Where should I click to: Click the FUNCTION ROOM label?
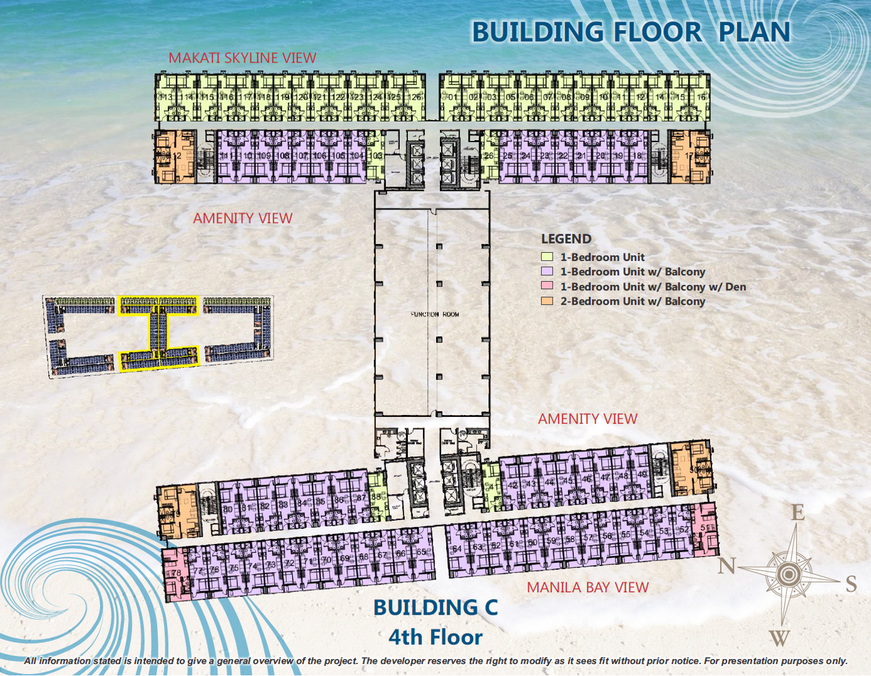pyautogui.click(x=435, y=314)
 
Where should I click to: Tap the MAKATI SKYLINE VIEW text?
pyautogui.click(x=242, y=58)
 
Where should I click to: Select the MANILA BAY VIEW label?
pyautogui.click(x=588, y=587)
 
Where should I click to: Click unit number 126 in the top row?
pyautogui.click(x=415, y=97)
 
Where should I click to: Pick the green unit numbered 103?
pyautogui.click(x=375, y=156)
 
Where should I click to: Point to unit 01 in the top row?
pyautogui.click(x=454, y=97)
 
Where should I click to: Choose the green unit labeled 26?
pyautogui.click(x=489, y=156)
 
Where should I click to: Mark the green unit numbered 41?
pyautogui.click(x=492, y=486)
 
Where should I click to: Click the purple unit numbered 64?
pyautogui.click(x=457, y=548)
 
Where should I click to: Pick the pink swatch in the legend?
pyautogui.click(x=547, y=286)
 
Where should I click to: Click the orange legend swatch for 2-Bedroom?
pyautogui.click(x=547, y=301)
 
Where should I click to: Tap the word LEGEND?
pyautogui.click(x=566, y=238)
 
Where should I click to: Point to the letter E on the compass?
pyautogui.click(x=797, y=513)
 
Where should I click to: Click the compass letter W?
pyautogui.click(x=778, y=638)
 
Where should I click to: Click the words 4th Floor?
pyautogui.click(x=435, y=637)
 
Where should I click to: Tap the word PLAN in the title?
pyautogui.click(x=754, y=32)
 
